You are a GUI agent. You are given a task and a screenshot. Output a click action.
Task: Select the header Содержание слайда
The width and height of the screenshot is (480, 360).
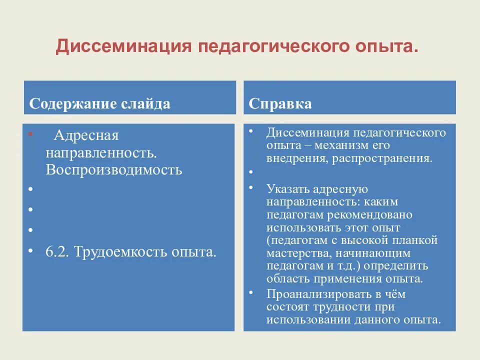pyautogui.click(x=99, y=103)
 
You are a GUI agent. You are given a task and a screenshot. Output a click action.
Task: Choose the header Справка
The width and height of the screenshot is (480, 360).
pyautogui.click(x=280, y=103)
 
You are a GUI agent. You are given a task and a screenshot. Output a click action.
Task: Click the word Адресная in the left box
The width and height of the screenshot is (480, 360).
pyautogui.click(x=86, y=135)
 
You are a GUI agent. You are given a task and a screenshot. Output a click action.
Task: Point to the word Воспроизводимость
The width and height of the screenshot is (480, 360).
pyautogui.click(x=114, y=169)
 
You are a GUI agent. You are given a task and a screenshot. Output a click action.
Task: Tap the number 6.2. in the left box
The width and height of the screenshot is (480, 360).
pyautogui.click(x=58, y=251)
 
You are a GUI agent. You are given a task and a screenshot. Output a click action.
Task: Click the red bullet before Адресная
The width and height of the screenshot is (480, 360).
pyautogui.click(x=31, y=134)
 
